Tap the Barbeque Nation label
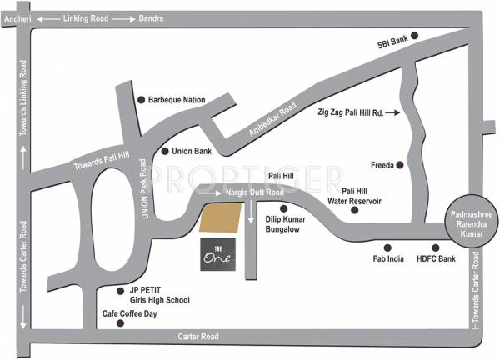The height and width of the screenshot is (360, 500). pyautogui.click(x=177, y=99)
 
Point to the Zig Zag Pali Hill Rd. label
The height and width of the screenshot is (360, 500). pyautogui.click(x=351, y=110)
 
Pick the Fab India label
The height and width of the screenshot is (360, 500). pyautogui.click(x=387, y=259)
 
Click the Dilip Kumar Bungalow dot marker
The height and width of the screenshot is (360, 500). pyautogui.click(x=283, y=208)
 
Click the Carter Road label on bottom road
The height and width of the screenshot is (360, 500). pyautogui.click(x=198, y=336)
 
